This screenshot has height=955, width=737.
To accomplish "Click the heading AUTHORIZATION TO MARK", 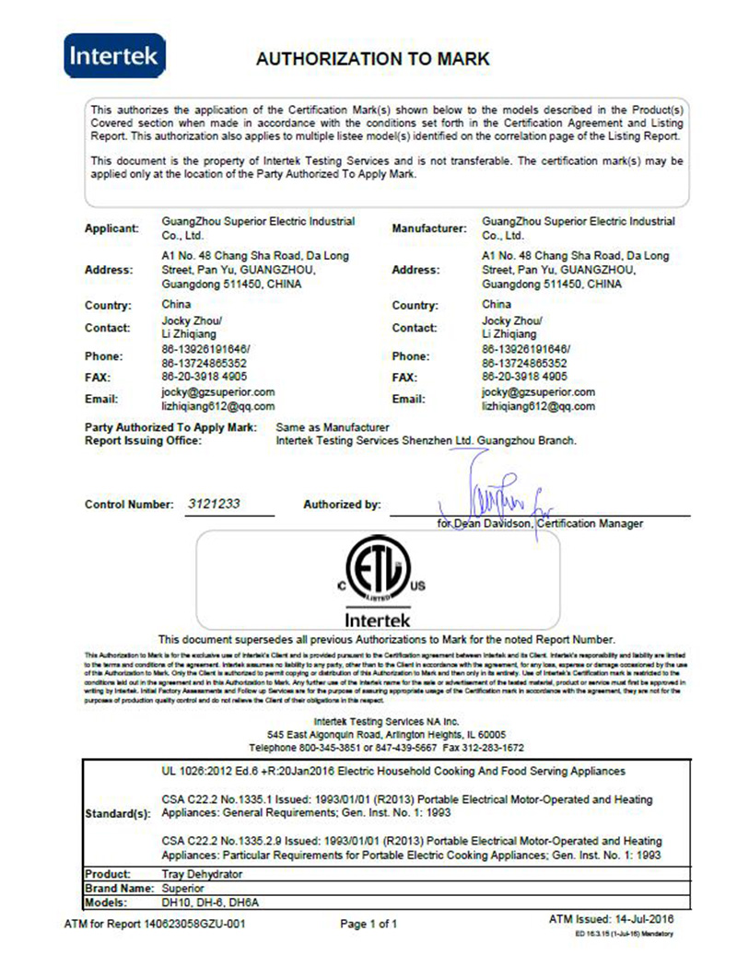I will click(x=372, y=59).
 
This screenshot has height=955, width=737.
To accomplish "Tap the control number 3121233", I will click(x=214, y=505).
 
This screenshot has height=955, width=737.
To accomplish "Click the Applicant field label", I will click(x=111, y=227).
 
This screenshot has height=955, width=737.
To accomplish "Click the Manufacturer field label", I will click(x=428, y=227).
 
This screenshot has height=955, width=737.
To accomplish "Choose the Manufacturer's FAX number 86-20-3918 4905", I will click(x=525, y=377).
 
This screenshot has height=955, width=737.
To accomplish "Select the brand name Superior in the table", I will click(x=182, y=889).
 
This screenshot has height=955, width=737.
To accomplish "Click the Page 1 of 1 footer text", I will click(x=368, y=923).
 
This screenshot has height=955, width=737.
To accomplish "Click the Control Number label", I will click(x=128, y=505).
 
